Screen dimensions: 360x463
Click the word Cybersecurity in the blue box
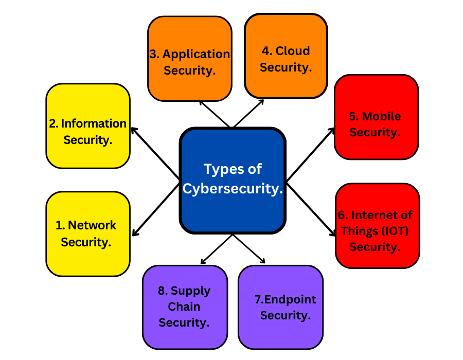click(233, 189)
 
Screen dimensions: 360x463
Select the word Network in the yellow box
click(92, 225)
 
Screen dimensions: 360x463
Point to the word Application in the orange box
click(196, 54)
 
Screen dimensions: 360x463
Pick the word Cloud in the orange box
click(293, 51)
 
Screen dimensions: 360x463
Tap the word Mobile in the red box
click(381, 116)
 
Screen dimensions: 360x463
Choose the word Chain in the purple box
click(184, 307)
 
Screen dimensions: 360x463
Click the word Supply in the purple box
click(190, 291)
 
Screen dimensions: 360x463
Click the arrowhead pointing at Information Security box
click(134, 129)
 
